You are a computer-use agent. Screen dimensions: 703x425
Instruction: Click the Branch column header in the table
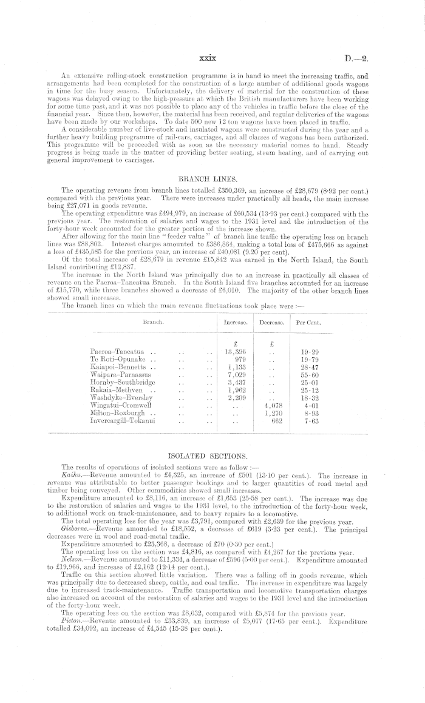pos(152,323)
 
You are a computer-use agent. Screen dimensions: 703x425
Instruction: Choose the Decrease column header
pos(273,323)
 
